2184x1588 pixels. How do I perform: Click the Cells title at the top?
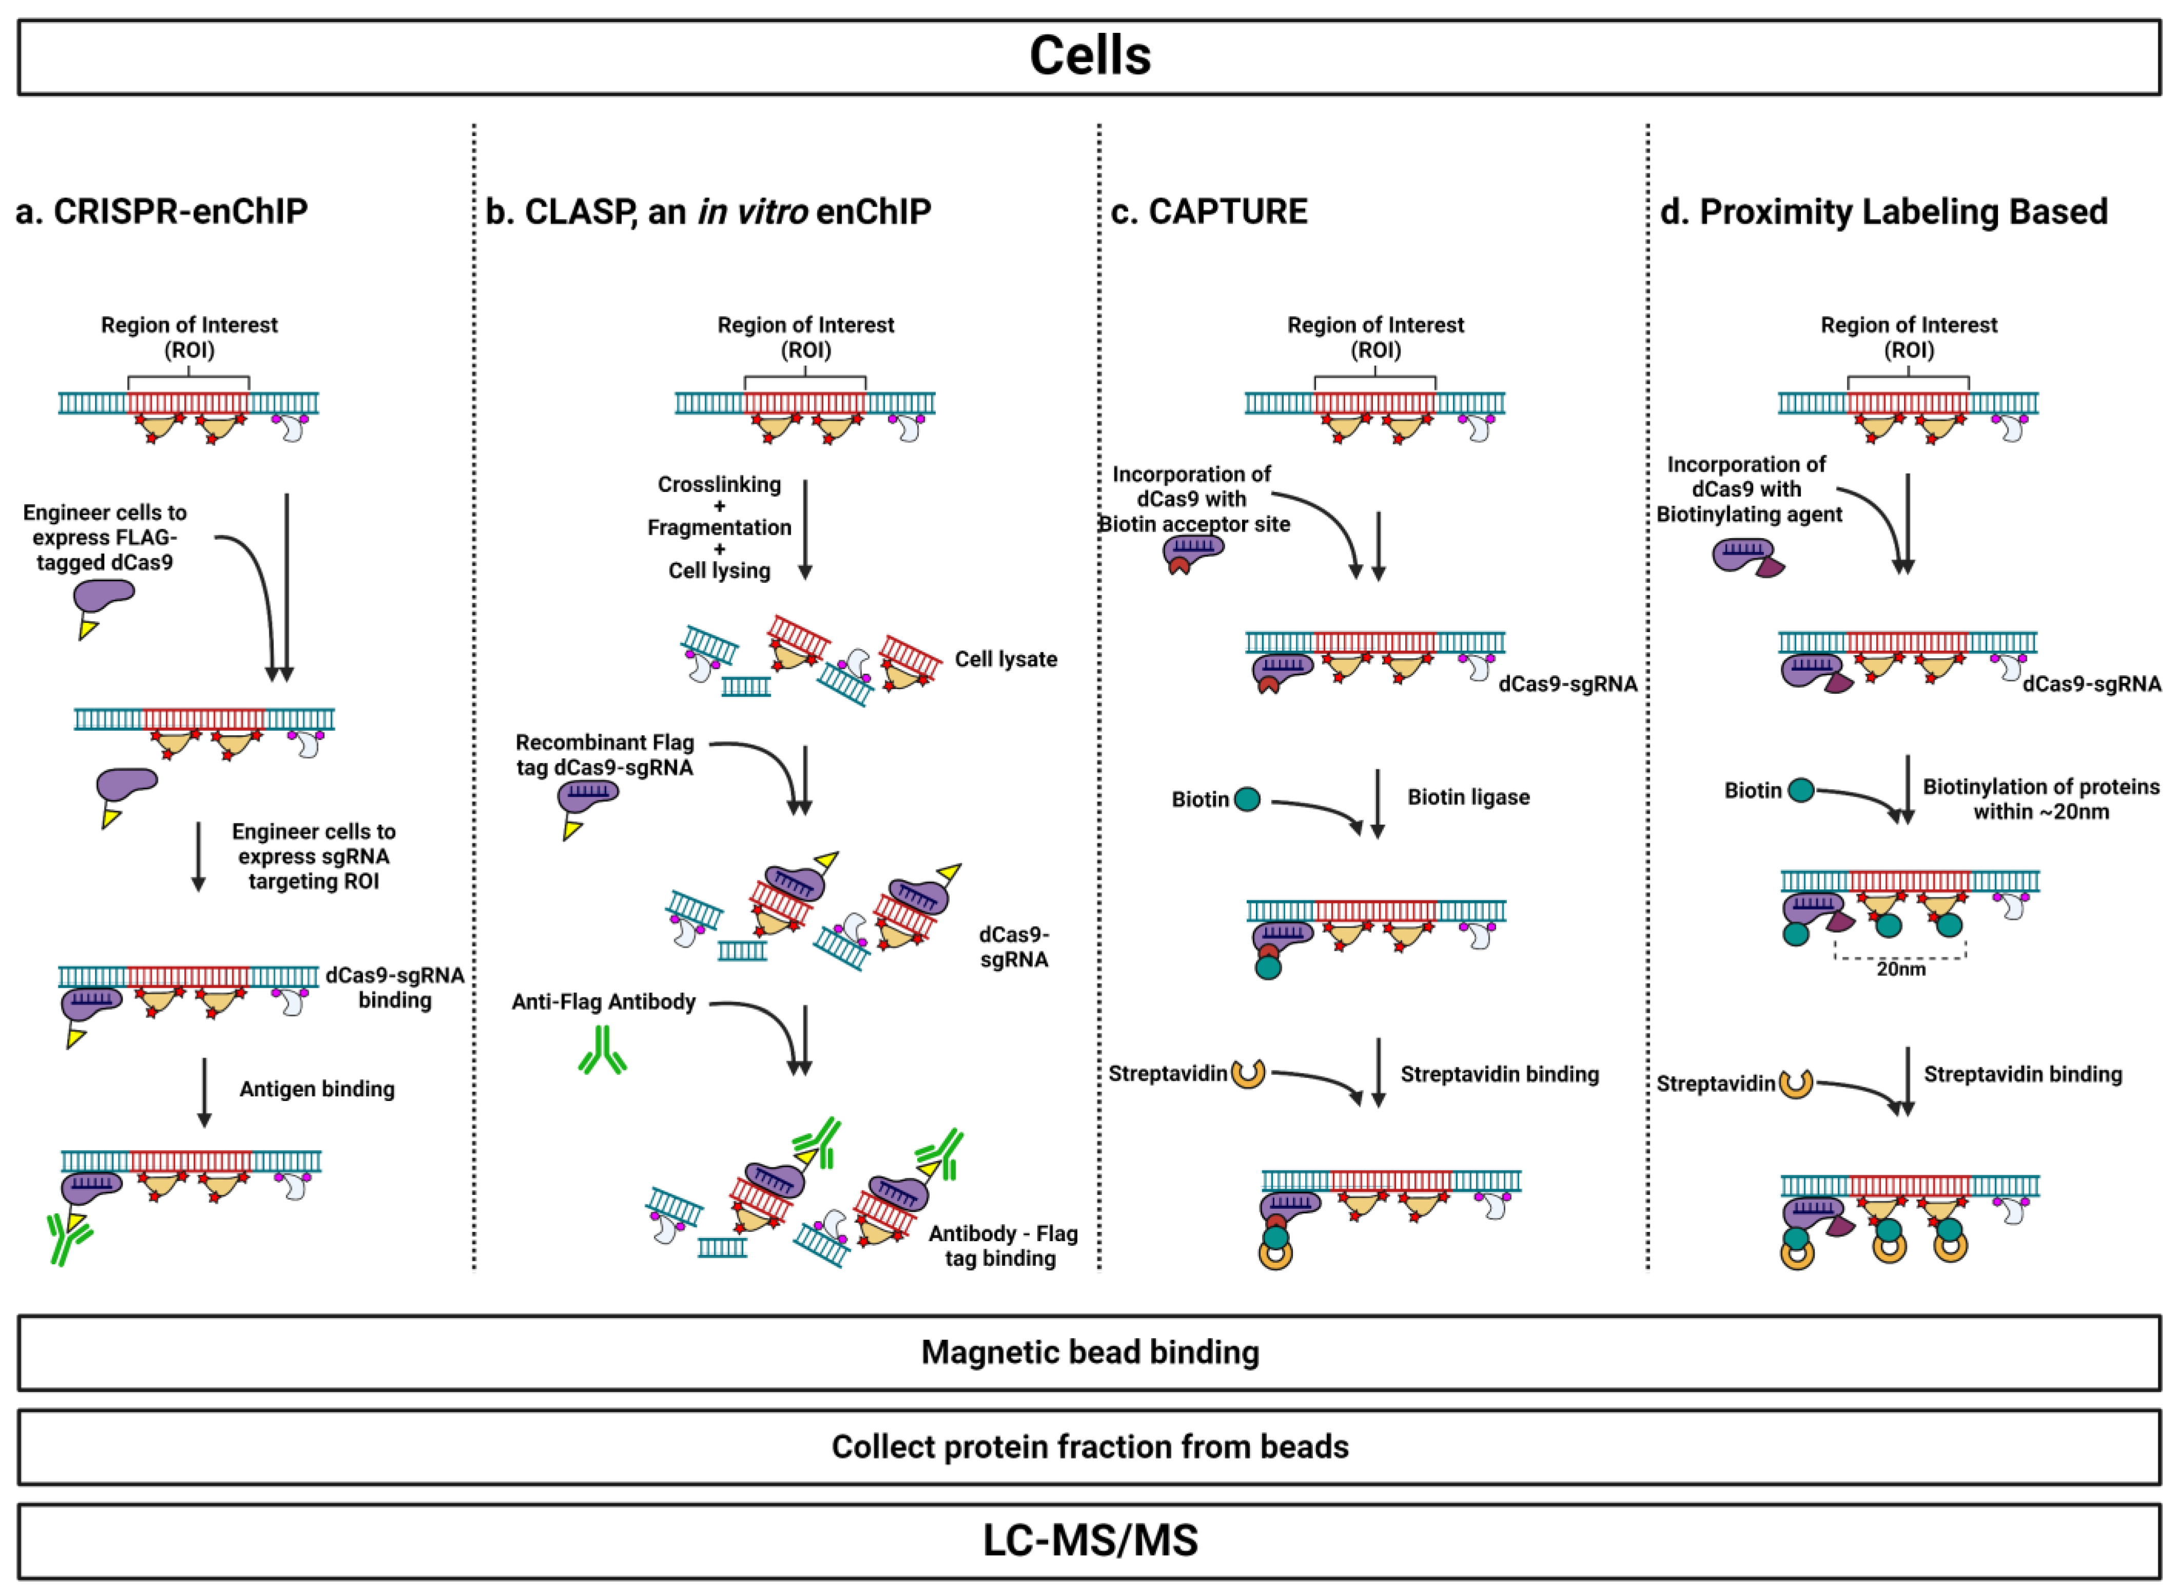1090,56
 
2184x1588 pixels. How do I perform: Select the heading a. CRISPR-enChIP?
162,211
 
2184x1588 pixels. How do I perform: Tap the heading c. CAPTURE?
1209,211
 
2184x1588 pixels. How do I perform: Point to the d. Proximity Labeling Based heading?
1883,211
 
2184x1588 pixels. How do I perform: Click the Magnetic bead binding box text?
1090,1352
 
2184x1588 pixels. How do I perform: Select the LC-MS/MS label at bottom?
1090,1540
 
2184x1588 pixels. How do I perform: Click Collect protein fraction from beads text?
1090,1446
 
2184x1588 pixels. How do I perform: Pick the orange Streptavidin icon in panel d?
1795,1084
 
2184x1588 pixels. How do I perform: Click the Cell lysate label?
1006,660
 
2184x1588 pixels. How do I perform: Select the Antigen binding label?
317,1089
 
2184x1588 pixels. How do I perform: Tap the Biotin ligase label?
1468,797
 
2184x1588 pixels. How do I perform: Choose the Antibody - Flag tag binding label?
1002,1246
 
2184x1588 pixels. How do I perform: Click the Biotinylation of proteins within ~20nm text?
2040,799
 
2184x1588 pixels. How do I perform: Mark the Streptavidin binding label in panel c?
1499,1075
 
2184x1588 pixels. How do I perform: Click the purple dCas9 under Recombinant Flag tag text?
587,797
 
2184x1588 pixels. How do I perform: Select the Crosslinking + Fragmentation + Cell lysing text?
719,528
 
